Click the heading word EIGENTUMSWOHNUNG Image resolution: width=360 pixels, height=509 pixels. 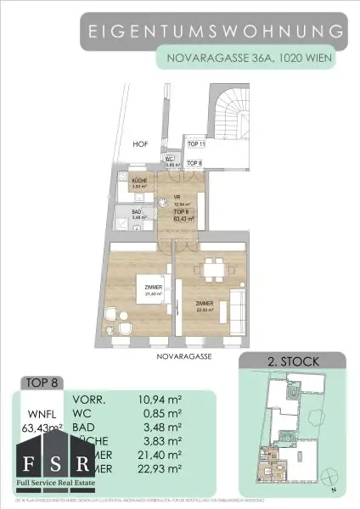(x=216, y=32)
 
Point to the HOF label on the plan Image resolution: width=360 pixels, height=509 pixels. (x=140, y=145)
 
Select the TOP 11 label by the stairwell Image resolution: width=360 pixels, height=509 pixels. (x=196, y=146)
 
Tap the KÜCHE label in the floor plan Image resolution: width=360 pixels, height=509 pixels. (x=140, y=182)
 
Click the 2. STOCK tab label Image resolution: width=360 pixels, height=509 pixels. (x=294, y=362)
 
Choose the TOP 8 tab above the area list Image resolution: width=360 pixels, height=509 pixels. (x=42, y=381)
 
